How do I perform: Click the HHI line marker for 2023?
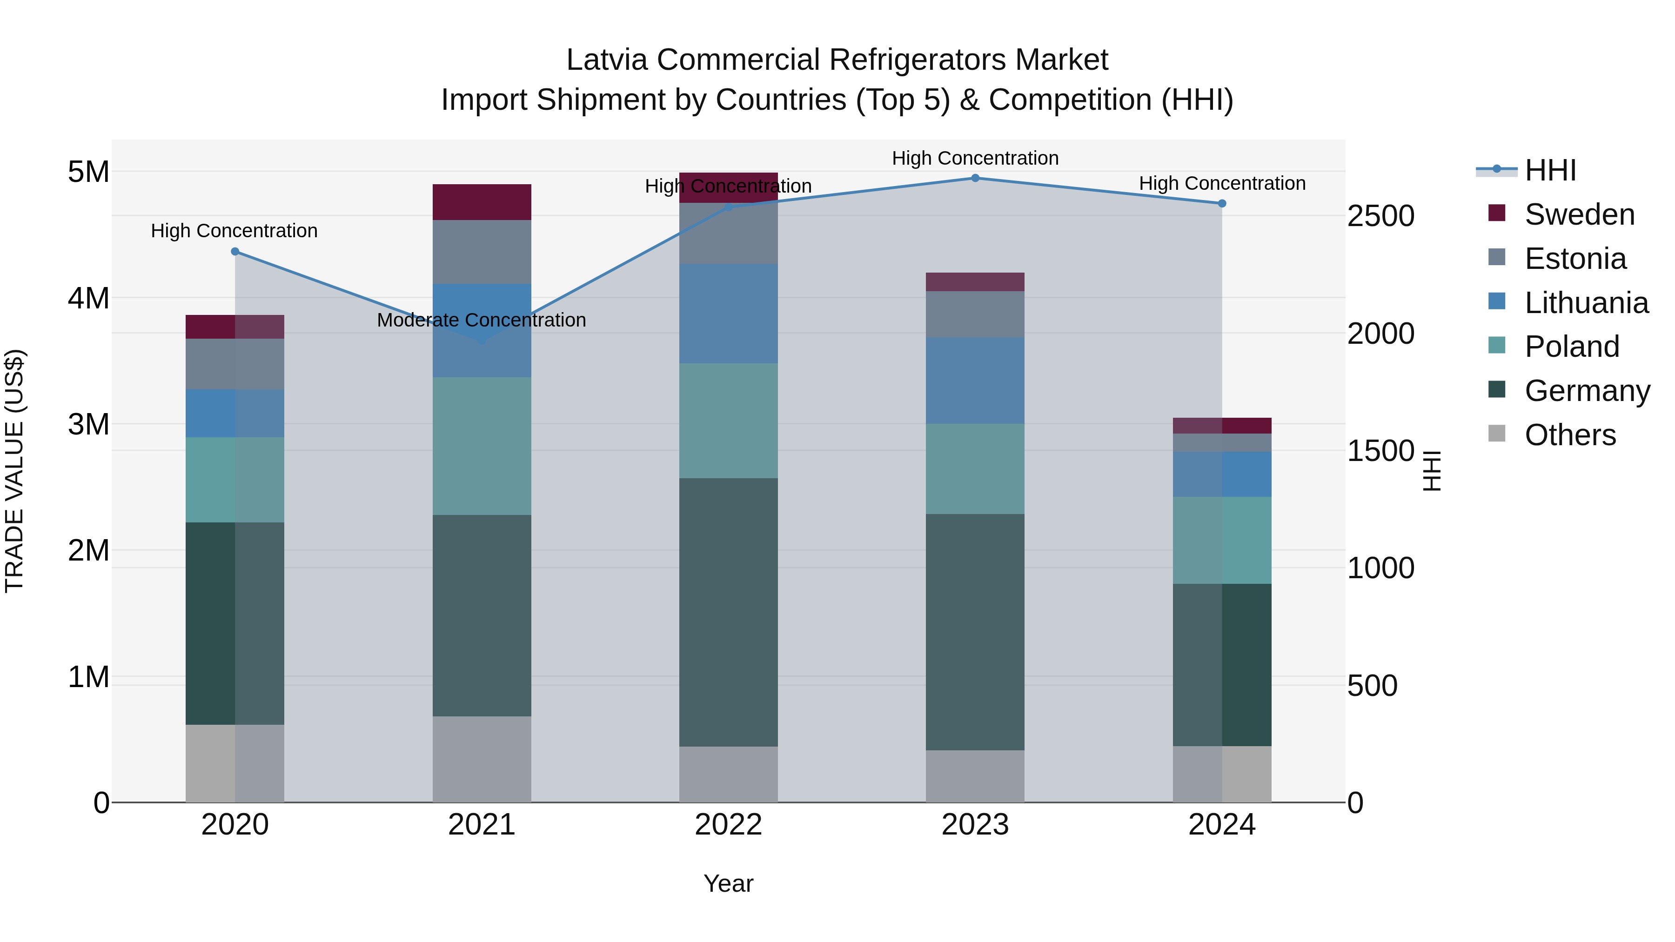click(x=975, y=178)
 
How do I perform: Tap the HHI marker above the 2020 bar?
click(x=235, y=252)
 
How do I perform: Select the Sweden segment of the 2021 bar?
click(x=482, y=202)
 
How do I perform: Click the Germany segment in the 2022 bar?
click(x=728, y=612)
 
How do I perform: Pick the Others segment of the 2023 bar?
click(x=975, y=776)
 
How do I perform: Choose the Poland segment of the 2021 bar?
click(x=482, y=446)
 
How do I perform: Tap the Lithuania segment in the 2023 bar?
click(x=975, y=381)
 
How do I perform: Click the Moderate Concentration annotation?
click(x=481, y=320)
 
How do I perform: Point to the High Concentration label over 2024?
click(x=1222, y=183)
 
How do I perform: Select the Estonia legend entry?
click(x=1575, y=259)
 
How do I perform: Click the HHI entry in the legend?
click(x=1550, y=170)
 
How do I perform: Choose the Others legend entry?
click(x=1570, y=435)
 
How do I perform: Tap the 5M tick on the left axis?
click(x=88, y=172)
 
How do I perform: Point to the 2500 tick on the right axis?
click(x=1380, y=216)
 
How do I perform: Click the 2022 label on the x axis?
click(x=728, y=825)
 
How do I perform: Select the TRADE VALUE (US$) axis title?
click(x=14, y=471)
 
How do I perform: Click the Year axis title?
click(x=728, y=883)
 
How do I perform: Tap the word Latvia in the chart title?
click(x=607, y=60)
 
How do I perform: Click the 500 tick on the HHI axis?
click(x=1372, y=686)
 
